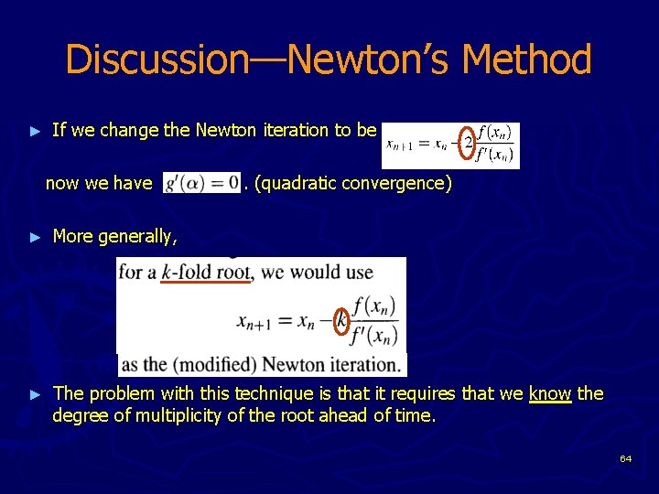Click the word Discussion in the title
click(156, 59)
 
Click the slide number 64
click(625, 458)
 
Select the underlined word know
click(549, 393)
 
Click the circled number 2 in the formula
click(468, 143)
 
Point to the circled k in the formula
click(340, 320)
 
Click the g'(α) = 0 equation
click(200, 183)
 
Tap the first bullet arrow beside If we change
click(36, 131)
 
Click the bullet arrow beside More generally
click(36, 237)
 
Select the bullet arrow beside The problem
click(36, 394)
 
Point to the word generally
click(137, 237)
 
